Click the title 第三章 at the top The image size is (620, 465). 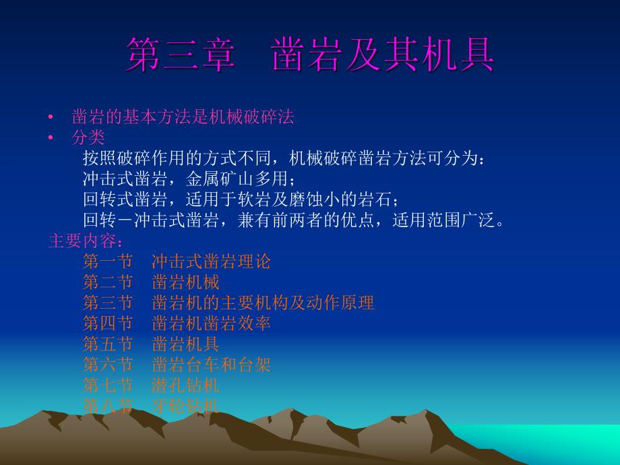[180, 56]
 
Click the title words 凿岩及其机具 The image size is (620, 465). [383, 56]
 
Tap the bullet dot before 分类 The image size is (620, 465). [51, 138]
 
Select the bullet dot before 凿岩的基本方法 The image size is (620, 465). [51, 117]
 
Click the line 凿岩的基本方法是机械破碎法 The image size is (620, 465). [183, 117]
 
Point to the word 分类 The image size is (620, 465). [88, 137]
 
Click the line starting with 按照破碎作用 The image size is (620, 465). [283, 158]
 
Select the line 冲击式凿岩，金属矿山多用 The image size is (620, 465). [189, 179]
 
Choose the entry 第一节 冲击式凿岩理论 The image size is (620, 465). [177, 261]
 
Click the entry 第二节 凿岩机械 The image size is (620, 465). [151, 282]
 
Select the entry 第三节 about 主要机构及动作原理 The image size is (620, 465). [228, 303]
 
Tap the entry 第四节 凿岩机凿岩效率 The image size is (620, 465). [177, 323]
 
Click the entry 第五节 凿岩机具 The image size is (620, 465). [151, 344]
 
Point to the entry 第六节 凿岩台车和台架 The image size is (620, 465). [177, 365]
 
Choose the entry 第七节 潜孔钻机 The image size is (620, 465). [151, 385]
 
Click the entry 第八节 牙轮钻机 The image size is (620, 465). [151, 406]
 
